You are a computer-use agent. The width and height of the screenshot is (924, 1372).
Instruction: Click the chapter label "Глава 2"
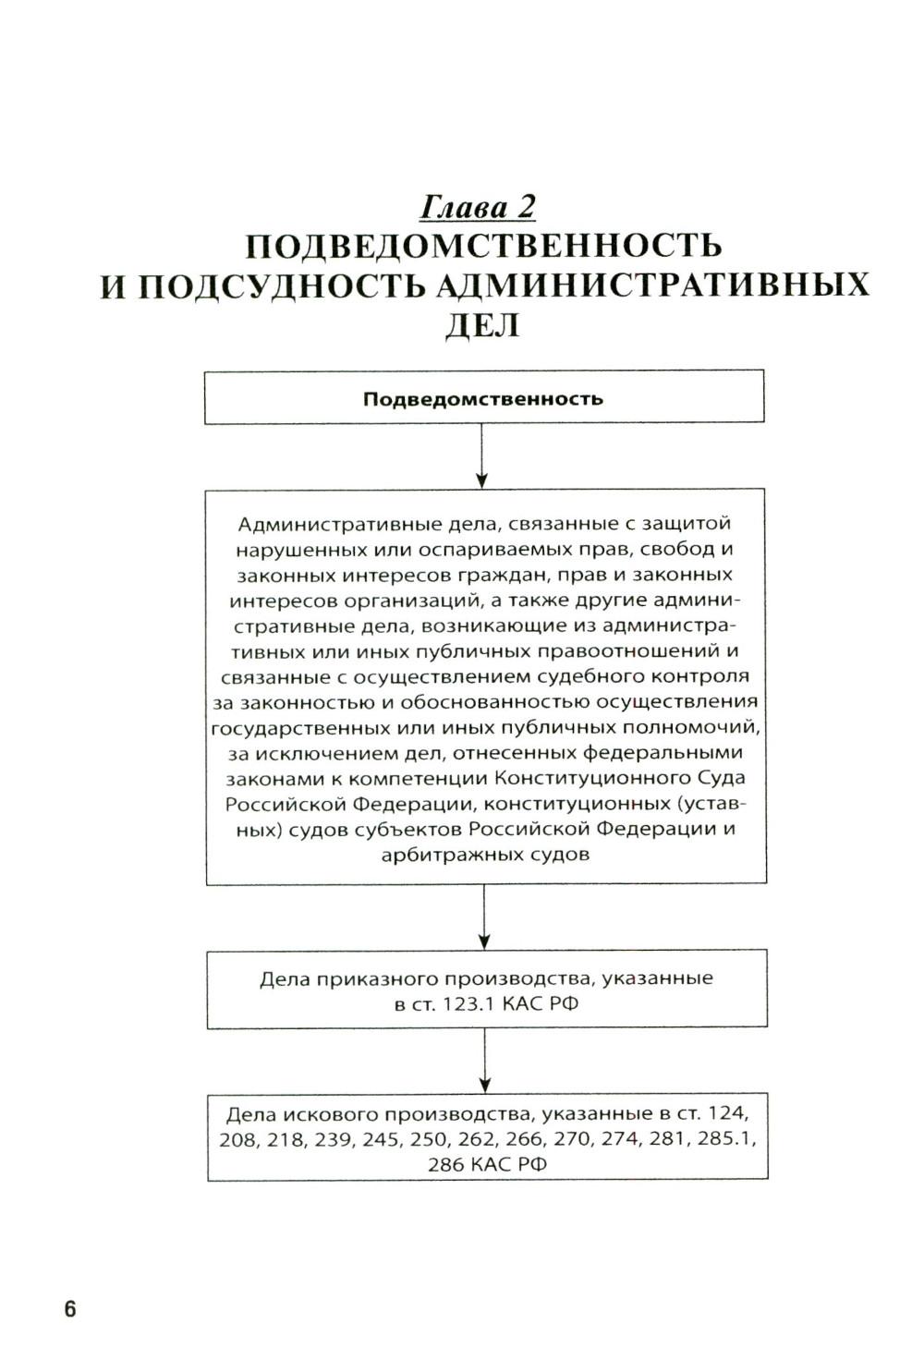(x=478, y=207)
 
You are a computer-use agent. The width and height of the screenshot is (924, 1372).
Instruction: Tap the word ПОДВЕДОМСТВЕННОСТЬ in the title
(x=483, y=247)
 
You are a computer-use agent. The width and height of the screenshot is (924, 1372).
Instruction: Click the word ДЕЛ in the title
(x=482, y=325)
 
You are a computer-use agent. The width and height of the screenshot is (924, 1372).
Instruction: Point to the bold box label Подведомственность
(x=483, y=399)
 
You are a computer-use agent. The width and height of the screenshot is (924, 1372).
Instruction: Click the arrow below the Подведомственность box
(x=481, y=456)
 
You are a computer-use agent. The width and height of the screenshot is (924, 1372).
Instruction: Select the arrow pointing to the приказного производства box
(x=484, y=917)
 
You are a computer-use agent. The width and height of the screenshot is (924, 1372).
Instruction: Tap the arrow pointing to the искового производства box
(x=484, y=1062)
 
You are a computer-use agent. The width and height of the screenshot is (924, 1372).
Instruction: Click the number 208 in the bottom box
(x=238, y=1139)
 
